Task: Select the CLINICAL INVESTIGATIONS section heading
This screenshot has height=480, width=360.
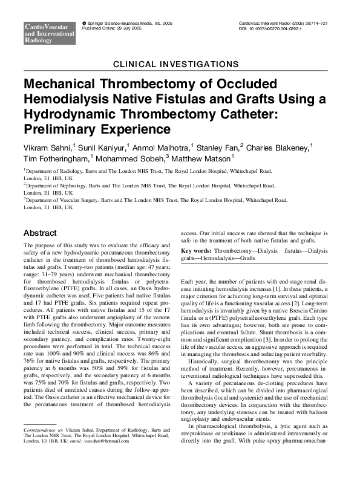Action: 180,63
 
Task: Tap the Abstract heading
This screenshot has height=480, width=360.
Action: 40,233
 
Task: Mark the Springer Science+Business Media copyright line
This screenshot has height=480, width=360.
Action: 119,23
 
